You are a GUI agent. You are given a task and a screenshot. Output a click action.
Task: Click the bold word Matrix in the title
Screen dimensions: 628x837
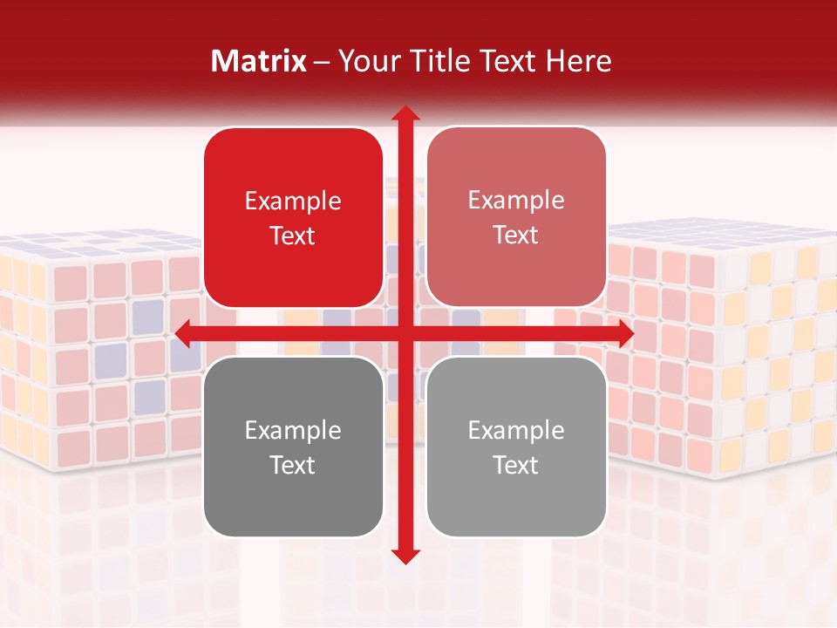coord(259,61)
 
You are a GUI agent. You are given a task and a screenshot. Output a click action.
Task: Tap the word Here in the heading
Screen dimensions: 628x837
coord(579,61)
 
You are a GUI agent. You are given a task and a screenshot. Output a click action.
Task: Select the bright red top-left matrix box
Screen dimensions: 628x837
coord(293,217)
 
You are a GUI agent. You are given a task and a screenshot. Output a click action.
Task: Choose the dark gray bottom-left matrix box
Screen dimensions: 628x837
coord(293,447)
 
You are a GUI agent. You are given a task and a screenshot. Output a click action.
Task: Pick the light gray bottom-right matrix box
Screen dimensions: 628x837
coord(516,447)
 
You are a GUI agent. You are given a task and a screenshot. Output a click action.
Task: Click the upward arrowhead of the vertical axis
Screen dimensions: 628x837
coord(405,114)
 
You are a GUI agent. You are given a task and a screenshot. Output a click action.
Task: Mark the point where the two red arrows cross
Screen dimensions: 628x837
coord(405,333)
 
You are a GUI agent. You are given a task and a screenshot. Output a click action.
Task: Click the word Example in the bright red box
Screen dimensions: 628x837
coord(293,201)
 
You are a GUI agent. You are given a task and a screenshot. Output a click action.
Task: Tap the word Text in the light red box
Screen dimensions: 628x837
coord(516,235)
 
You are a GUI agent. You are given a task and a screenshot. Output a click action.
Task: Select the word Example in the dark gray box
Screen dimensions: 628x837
coord(293,431)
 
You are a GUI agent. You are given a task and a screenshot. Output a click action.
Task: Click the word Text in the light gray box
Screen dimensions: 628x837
coord(516,465)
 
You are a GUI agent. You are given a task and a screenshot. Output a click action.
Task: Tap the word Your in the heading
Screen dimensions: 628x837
coord(365,61)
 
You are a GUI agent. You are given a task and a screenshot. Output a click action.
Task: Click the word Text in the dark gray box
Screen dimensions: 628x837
coord(293,465)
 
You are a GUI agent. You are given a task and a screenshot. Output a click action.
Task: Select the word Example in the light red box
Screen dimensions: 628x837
coord(516,201)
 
